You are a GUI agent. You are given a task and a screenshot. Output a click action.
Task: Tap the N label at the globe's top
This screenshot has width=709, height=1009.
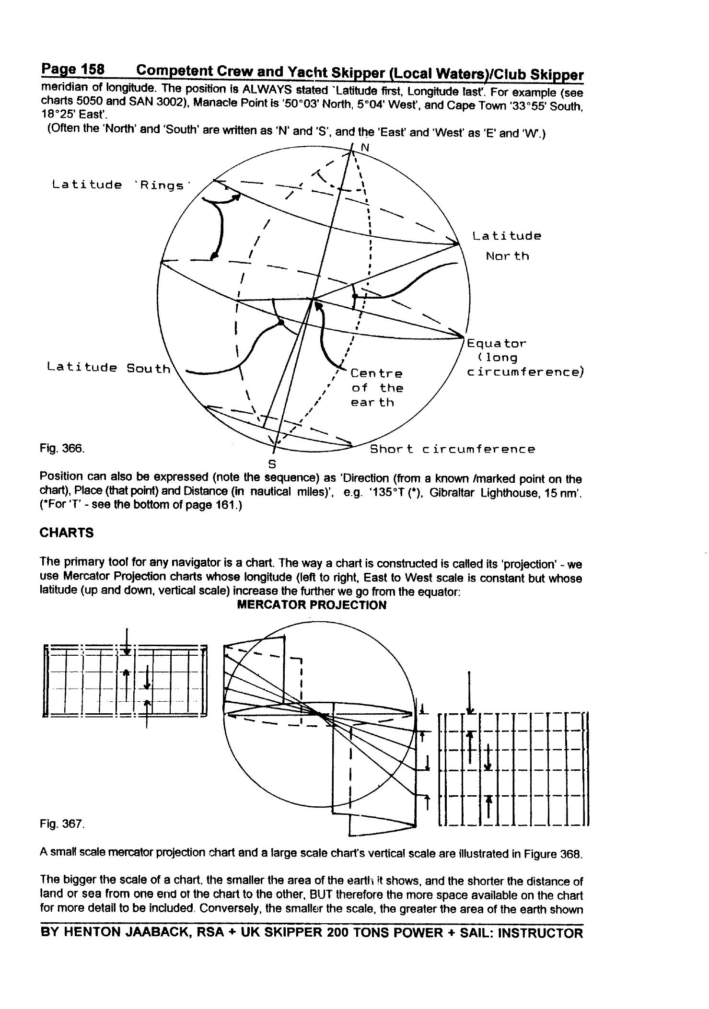(365, 148)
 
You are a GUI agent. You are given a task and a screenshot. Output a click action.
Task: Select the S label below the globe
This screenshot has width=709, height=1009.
(272, 464)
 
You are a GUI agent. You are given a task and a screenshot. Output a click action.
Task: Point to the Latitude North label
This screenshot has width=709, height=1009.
(507, 246)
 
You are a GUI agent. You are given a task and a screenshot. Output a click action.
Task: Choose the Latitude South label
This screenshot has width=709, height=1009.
(108, 368)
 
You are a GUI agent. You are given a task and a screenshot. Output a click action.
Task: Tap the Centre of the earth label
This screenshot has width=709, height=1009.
(377, 388)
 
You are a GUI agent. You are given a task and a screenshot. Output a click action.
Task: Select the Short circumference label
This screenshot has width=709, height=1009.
(452, 449)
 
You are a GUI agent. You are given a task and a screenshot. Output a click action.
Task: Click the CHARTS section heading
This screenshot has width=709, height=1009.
(67, 533)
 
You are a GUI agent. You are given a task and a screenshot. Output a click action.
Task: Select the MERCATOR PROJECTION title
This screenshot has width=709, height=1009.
(312, 605)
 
